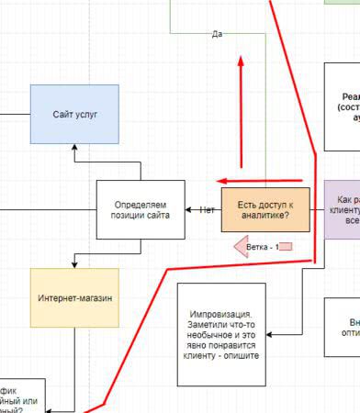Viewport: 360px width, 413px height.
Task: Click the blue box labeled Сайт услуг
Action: pos(74,115)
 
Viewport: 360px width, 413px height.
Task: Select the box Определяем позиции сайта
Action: pos(141,210)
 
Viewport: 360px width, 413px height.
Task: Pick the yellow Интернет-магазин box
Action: pos(74,298)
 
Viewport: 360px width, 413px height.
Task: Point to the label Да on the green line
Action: pos(217,35)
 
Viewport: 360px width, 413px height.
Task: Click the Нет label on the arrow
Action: pos(208,210)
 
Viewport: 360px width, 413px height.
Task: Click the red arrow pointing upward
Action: pos(241,110)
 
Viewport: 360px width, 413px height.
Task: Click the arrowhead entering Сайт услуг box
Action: pos(74,148)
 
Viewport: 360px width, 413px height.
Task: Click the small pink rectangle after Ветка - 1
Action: pos(285,246)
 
